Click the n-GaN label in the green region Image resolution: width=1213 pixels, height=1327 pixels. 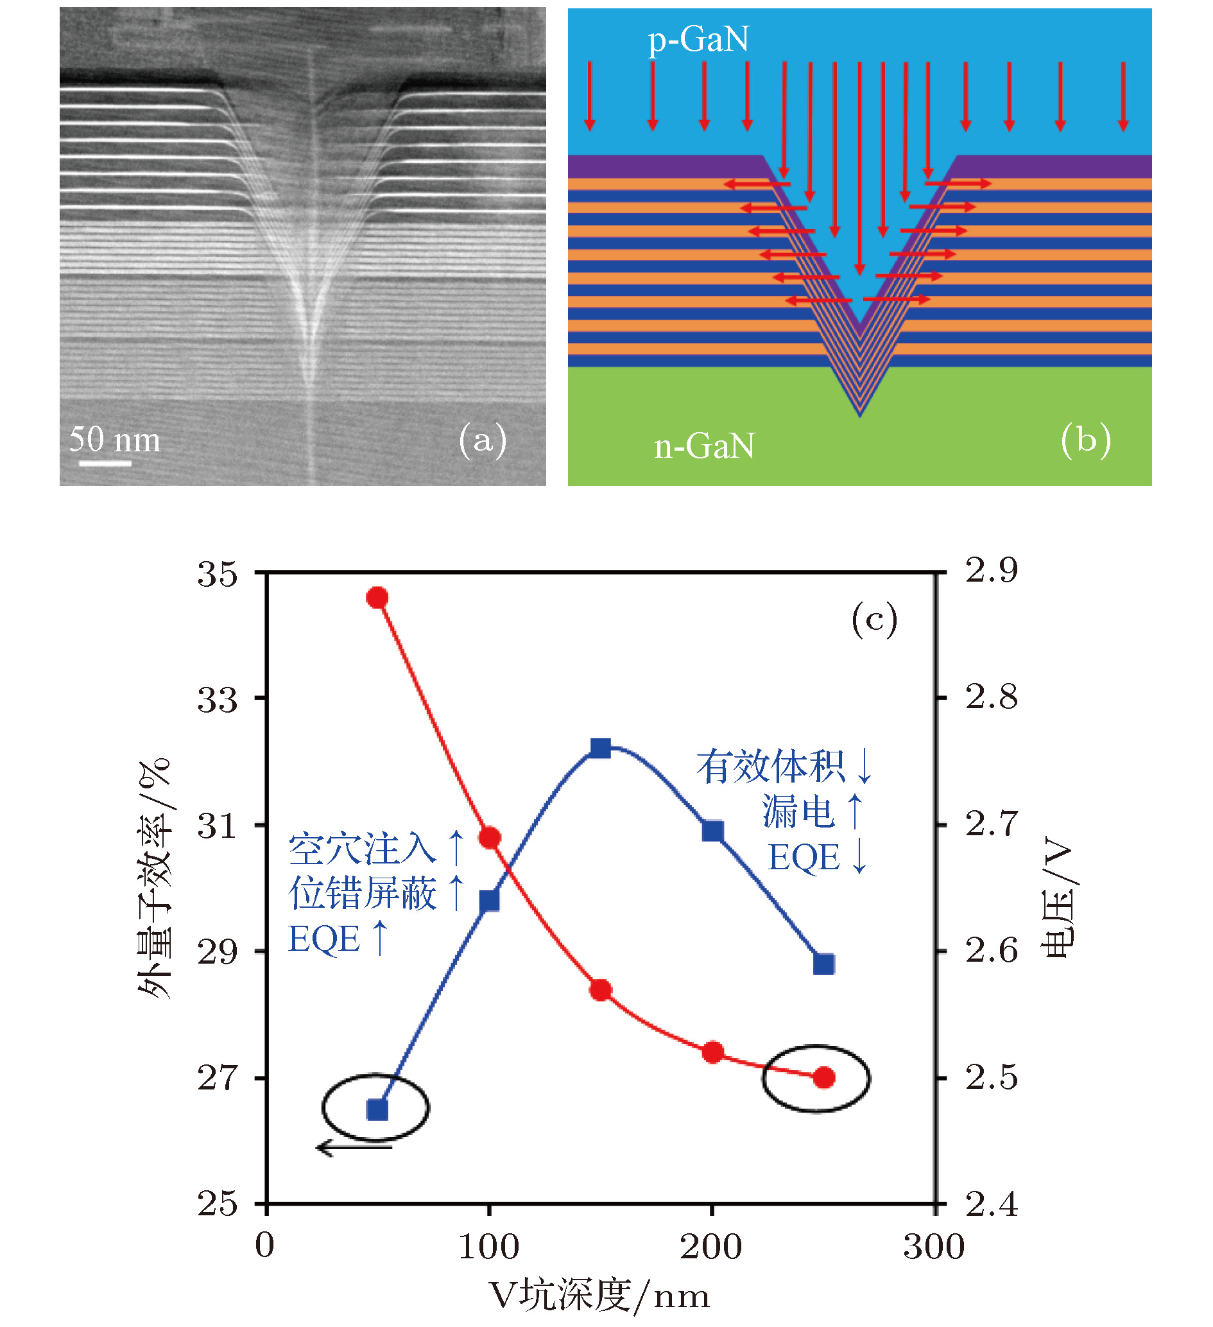click(704, 446)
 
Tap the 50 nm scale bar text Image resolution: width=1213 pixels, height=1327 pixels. click(114, 439)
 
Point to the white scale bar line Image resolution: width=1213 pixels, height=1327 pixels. click(105, 464)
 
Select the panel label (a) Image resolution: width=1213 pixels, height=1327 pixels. click(483, 440)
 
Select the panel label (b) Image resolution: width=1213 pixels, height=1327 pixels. click(1085, 440)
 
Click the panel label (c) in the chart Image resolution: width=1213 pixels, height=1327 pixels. click(874, 620)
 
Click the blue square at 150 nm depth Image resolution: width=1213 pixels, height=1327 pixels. click(600, 749)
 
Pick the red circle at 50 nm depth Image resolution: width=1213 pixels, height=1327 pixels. click(377, 598)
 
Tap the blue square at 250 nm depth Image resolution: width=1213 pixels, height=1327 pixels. click(823, 964)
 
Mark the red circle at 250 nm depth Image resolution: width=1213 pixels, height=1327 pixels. click(823, 1077)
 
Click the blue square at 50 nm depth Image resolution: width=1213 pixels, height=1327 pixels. click(377, 1110)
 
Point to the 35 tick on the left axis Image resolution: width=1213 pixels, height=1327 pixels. click(217, 574)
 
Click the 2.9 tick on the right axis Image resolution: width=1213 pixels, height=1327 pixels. click(991, 570)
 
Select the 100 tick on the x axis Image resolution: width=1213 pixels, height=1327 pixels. click(488, 1246)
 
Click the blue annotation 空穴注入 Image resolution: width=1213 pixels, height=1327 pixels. click(362, 849)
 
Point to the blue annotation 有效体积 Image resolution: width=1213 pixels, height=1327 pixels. click(770, 767)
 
